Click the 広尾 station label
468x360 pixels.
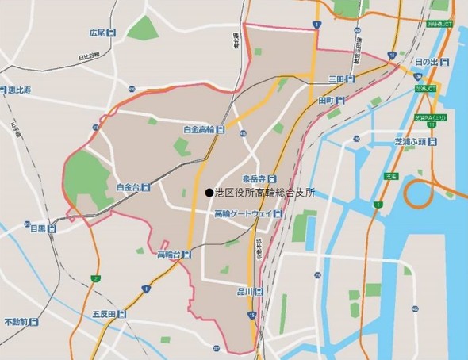click(97, 33)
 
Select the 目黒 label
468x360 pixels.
click(39, 229)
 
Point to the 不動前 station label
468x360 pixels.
click(16, 322)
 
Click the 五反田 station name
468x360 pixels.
click(104, 314)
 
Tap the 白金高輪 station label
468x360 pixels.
click(198, 129)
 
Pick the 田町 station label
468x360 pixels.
click(327, 101)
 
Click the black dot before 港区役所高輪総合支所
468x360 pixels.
click(208, 193)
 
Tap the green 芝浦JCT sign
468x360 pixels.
click(426, 89)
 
